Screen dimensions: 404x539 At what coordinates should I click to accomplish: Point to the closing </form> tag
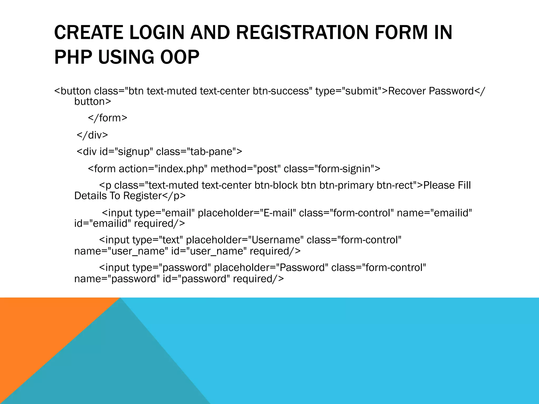point(108,118)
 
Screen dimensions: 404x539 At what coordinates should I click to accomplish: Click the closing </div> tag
point(92,135)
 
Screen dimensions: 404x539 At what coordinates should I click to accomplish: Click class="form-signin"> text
point(332,169)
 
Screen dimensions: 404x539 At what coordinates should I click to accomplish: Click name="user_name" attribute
point(121,251)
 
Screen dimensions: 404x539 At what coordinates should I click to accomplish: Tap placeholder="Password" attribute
point(271,267)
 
